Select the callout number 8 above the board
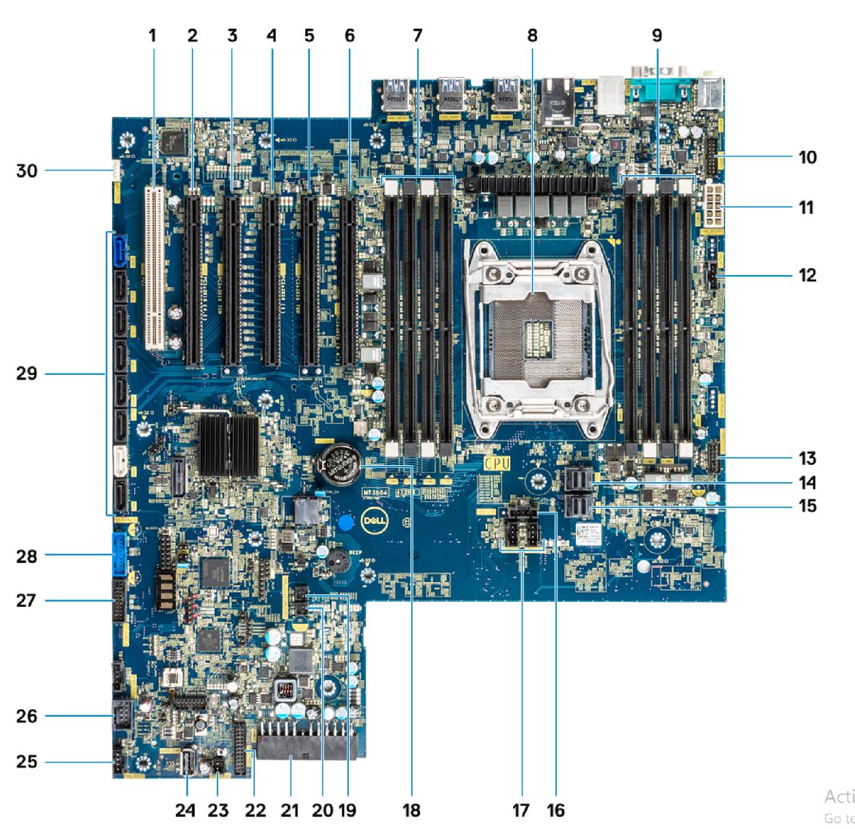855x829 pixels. pyautogui.click(x=532, y=36)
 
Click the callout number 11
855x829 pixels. pyautogui.click(x=807, y=207)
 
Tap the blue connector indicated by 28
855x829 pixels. pyautogui.click(x=118, y=555)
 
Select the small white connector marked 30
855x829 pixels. pyautogui.click(x=114, y=170)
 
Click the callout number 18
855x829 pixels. pyautogui.click(x=411, y=811)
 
